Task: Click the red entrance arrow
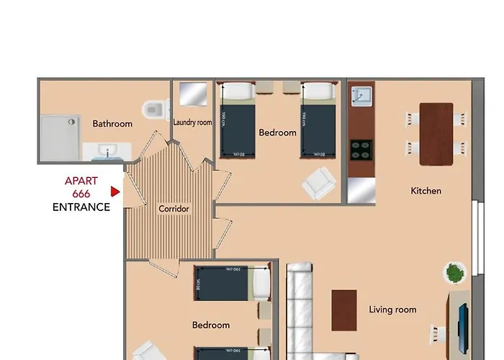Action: tap(114, 192)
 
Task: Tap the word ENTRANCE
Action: tap(81, 207)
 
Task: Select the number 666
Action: tap(81, 194)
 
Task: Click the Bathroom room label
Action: tap(112, 124)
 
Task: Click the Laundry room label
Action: tap(192, 122)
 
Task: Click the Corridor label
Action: tap(174, 209)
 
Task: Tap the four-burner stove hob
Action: tap(360, 150)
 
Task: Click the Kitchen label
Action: tap(426, 191)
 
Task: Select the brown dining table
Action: tap(436, 134)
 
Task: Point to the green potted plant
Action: tap(454, 273)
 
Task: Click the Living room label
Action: tap(392, 310)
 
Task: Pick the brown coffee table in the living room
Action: tap(344, 310)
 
